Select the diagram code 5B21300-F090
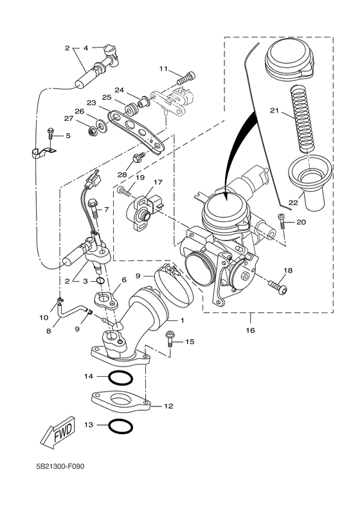(60, 467)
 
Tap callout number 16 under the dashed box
(250, 330)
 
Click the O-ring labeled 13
(120, 426)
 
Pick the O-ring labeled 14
(120, 377)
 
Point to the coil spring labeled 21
(301, 120)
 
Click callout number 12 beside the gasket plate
(169, 406)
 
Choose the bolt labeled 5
(50, 135)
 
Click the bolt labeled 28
(138, 157)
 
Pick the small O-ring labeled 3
(100, 280)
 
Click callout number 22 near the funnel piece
(293, 203)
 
